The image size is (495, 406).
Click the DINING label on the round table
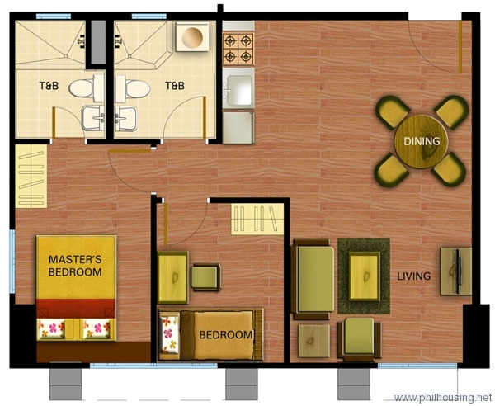422,141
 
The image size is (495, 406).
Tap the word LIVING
413,276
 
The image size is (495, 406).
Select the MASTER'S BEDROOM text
75,266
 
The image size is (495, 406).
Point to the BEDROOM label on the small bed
225,335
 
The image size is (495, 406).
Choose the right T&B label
174,86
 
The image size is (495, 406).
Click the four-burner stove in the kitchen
238,48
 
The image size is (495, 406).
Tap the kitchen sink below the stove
238,88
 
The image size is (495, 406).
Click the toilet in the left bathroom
82,87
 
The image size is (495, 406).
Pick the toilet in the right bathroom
134,87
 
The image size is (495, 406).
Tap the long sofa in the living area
313,277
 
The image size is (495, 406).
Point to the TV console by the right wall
455,271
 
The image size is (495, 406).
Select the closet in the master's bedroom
31,176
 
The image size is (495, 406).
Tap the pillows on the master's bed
75,328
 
